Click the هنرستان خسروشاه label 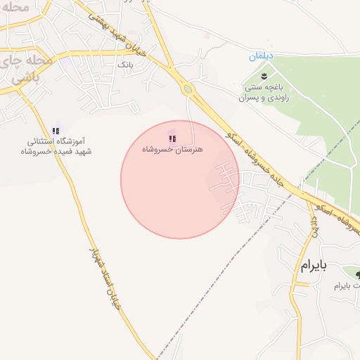pos(172,150)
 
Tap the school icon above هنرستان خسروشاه pos(173,139)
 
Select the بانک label pos(124,64)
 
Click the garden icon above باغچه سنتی pos(264,75)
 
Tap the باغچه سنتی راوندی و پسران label pos(264,92)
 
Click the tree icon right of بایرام pos(357,274)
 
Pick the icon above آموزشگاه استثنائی pos(56,130)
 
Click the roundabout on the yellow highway pos(187,89)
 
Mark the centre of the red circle pos(180,179)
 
